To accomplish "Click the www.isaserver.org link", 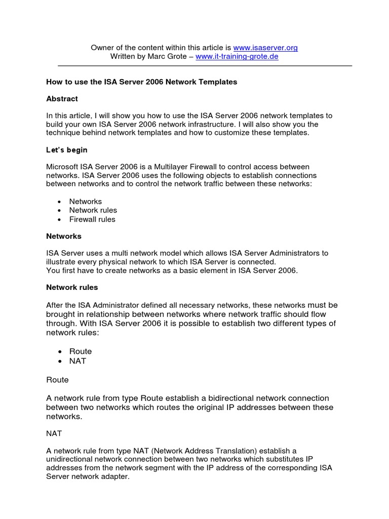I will (265, 48).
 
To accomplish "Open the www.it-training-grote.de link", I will (237, 57).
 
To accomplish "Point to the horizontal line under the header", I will (205, 66).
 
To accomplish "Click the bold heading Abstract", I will (62, 99).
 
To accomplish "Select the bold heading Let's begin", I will (66, 151).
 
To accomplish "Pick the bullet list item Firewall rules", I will (92, 219).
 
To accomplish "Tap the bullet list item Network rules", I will (93, 210).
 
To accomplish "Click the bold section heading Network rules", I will (72, 287).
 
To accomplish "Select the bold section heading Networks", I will (63, 236).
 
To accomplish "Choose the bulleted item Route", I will (81, 351).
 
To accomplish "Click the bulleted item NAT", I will (77, 361).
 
